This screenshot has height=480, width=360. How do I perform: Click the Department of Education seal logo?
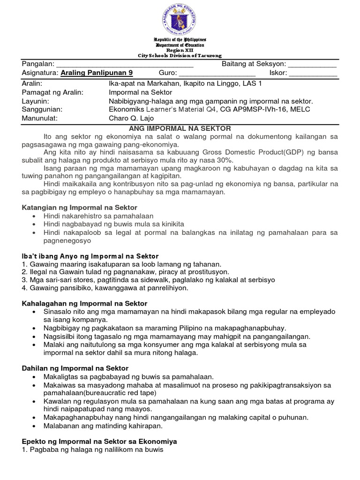click(x=180, y=18)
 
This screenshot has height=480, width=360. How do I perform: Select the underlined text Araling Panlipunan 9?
click(x=97, y=73)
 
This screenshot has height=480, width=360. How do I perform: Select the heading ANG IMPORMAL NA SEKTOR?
click(x=180, y=128)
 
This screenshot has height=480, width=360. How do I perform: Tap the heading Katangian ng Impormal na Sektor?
click(x=80, y=207)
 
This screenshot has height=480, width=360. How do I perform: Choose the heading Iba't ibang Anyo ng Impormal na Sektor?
click(x=90, y=256)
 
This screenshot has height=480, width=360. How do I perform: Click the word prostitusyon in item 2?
click(x=209, y=272)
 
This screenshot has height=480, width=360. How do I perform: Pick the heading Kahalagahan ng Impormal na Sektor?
click(x=84, y=304)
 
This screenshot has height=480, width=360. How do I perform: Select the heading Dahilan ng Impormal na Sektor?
click(x=75, y=368)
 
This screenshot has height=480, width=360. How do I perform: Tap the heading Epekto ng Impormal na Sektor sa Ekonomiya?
click(x=99, y=442)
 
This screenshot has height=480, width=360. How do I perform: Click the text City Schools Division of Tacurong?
click(x=180, y=55)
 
